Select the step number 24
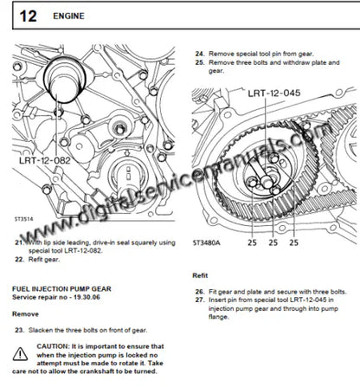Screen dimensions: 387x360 point(200,53)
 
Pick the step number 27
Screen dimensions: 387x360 point(200,299)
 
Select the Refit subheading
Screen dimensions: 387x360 point(200,276)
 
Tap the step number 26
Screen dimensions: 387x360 point(200,290)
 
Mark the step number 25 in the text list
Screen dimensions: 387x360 point(200,62)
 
